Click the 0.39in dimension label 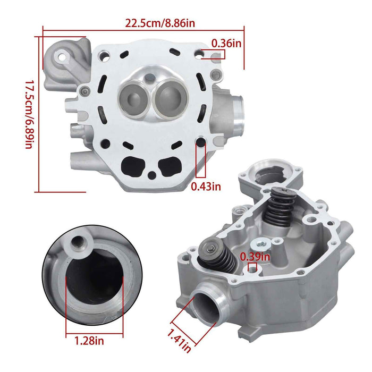click(x=255, y=257)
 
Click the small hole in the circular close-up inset click(x=78, y=244)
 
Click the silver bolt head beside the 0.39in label click(x=262, y=244)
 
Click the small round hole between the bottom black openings click(x=152, y=175)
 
